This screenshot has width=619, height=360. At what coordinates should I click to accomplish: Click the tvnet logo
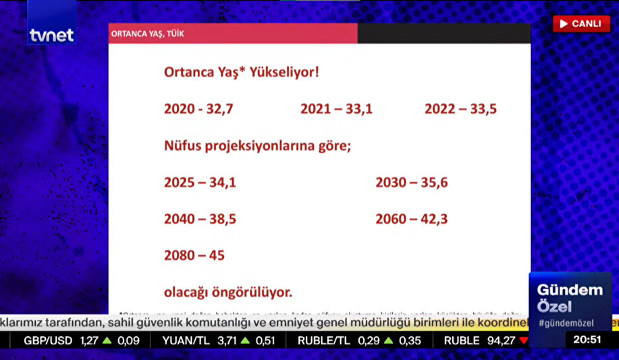(x=51, y=35)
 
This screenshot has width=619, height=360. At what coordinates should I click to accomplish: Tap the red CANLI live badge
(x=581, y=24)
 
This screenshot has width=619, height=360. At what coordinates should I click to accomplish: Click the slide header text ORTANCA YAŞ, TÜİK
(x=147, y=33)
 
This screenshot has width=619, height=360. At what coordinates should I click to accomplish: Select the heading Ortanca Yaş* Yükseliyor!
(x=241, y=72)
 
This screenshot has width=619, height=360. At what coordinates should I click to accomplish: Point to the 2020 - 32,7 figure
(x=198, y=109)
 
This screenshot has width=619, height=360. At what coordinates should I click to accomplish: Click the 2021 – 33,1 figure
(x=336, y=109)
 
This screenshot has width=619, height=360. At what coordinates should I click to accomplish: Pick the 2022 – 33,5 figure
(x=460, y=109)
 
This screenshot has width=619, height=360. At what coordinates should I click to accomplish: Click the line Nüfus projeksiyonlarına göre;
(x=257, y=145)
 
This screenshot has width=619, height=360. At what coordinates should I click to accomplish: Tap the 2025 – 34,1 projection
(x=200, y=182)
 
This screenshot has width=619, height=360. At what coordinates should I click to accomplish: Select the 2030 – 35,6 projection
(x=411, y=182)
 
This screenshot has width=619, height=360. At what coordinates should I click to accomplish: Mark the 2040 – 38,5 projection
(x=200, y=219)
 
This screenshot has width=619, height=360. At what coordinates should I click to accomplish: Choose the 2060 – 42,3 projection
(x=411, y=219)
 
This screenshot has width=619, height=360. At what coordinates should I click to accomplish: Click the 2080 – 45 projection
(x=194, y=255)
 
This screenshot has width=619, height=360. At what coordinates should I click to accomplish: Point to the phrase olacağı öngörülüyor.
(x=227, y=292)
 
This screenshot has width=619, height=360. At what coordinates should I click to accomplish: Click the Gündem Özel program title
(x=569, y=297)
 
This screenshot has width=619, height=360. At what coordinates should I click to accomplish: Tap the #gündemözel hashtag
(x=566, y=324)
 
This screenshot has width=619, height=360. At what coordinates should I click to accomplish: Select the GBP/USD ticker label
(x=48, y=340)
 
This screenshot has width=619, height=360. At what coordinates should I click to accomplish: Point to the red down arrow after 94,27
(x=523, y=340)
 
